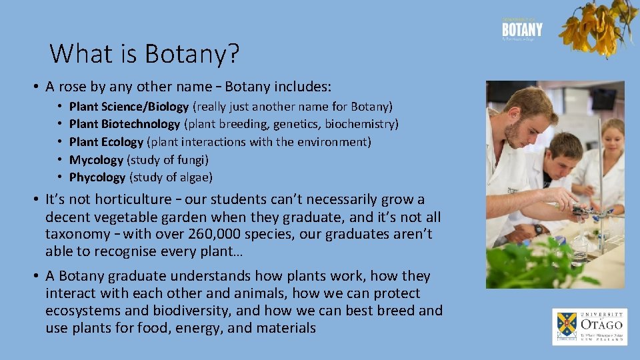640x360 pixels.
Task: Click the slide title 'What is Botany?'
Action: click(x=144, y=53)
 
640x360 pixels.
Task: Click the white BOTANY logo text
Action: click(x=522, y=30)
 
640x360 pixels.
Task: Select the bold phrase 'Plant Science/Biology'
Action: click(x=129, y=106)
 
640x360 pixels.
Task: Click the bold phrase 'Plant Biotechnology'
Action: click(x=125, y=124)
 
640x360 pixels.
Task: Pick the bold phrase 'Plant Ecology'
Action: click(x=106, y=142)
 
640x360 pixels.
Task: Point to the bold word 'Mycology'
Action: click(x=96, y=160)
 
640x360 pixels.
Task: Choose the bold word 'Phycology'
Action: click(x=97, y=177)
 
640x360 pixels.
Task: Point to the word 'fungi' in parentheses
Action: click(x=191, y=160)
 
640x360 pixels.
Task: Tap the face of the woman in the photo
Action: click(x=612, y=137)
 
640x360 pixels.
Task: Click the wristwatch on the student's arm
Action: click(x=538, y=229)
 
